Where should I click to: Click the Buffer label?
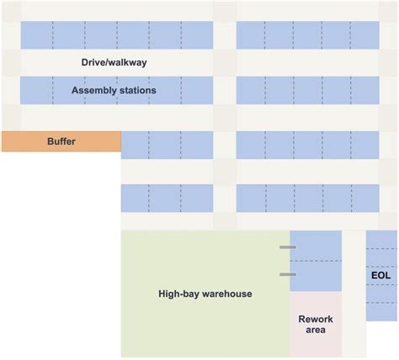pyautogui.click(x=61, y=142)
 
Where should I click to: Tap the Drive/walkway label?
pyautogui.click(x=114, y=63)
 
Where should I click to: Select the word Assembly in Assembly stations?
pyautogui.click(x=93, y=90)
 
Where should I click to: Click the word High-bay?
pyautogui.click(x=178, y=294)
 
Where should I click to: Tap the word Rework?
pyautogui.click(x=316, y=319)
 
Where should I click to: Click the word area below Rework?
pyautogui.click(x=316, y=331)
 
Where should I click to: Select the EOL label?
pyautogui.click(x=380, y=275)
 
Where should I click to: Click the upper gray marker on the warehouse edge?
pyautogui.click(x=288, y=247)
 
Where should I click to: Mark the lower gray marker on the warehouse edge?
pyautogui.click(x=288, y=274)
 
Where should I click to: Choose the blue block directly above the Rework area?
pyautogui.click(x=316, y=261)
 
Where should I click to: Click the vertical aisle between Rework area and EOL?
pyautogui.click(x=354, y=294)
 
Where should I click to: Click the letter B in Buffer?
pyautogui.click(x=51, y=142)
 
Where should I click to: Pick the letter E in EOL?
pyautogui.click(x=374, y=275)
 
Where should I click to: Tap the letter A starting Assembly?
pyautogui.click(x=75, y=90)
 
